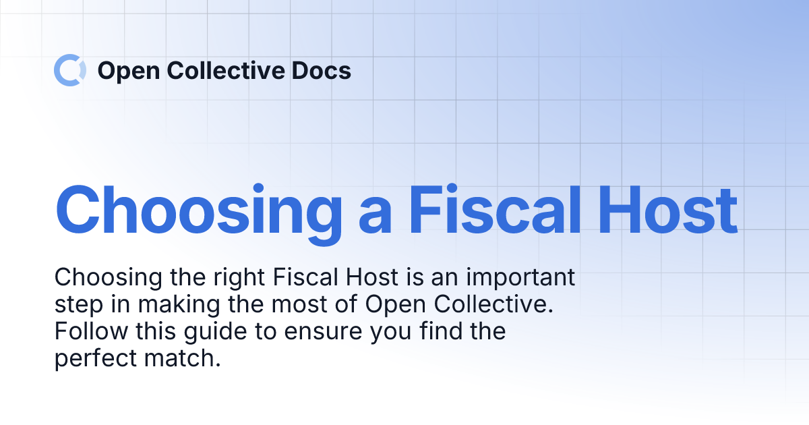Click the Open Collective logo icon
70,70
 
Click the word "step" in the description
76,306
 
